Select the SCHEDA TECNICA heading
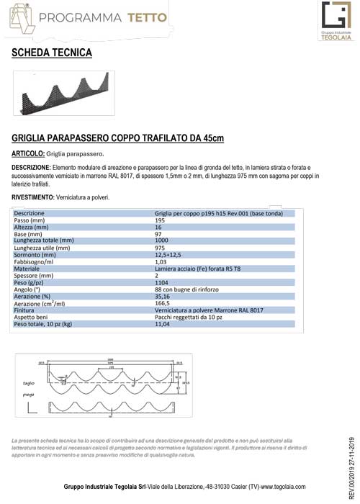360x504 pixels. (x=52, y=53)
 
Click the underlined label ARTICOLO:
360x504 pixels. (x=29, y=153)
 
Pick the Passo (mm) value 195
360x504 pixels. (x=161, y=220)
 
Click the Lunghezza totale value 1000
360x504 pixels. (x=162, y=240)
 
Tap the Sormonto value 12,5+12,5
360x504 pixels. (x=168, y=254)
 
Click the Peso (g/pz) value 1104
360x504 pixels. (x=162, y=282)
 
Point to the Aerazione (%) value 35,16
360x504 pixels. (x=163, y=296)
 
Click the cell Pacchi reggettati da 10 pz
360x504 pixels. (x=188, y=317)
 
